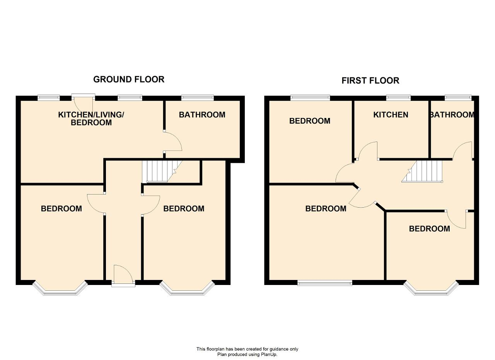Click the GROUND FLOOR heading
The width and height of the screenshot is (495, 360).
pos(129,79)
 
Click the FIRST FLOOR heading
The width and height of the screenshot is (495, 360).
pos(370,80)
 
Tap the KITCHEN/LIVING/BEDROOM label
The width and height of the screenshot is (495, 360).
pos(91,118)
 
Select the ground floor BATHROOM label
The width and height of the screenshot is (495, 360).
pos(202,115)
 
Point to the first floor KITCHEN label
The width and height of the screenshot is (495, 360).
pos(391,115)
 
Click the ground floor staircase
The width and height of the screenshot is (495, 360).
pos(162,171)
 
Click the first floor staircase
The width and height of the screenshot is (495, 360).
pos(422,171)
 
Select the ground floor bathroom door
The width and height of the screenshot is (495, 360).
pos(172,141)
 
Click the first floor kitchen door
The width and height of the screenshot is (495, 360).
pos(367,151)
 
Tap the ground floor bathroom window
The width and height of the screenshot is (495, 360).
pos(198,98)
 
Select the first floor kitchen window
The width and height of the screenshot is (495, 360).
pos(398,98)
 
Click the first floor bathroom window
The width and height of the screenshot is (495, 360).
pos(458,98)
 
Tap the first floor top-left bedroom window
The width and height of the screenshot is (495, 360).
pos(310,98)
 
